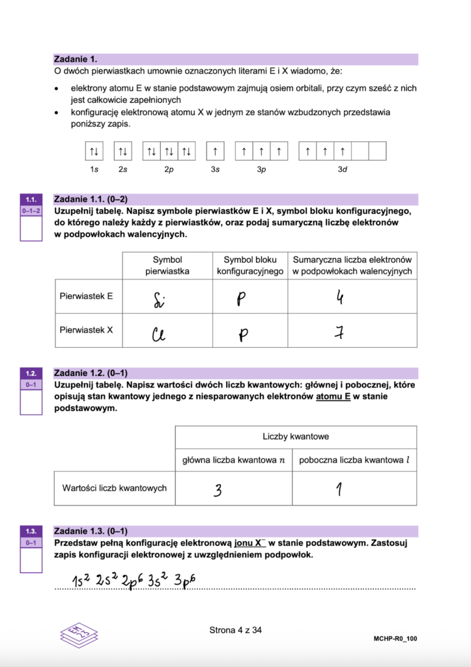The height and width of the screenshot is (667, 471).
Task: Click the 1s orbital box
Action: tap(94, 152)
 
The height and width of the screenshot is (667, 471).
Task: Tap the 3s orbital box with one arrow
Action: tap(215, 152)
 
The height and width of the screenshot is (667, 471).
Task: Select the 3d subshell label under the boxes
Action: tap(342, 169)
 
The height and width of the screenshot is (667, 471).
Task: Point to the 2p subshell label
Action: tap(169, 169)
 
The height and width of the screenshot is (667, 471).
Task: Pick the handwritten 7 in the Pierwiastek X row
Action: tap(339, 333)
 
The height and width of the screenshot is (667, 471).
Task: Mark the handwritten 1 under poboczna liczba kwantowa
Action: tap(339, 490)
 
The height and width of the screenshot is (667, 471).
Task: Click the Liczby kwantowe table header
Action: tap(296, 436)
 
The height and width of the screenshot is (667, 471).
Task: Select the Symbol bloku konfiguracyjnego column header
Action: tap(250, 265)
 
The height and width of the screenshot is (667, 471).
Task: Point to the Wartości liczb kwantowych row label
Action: tap(114, 488)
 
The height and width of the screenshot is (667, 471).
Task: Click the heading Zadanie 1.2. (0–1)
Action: tap(91, 373)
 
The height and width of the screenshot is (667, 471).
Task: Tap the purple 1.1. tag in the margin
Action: tap(31, 199)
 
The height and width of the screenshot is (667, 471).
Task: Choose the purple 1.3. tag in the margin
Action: tap(31, 531)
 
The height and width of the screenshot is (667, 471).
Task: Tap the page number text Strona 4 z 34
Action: tap(235, 630)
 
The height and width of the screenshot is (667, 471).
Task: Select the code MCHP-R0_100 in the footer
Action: tap(395, 639)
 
